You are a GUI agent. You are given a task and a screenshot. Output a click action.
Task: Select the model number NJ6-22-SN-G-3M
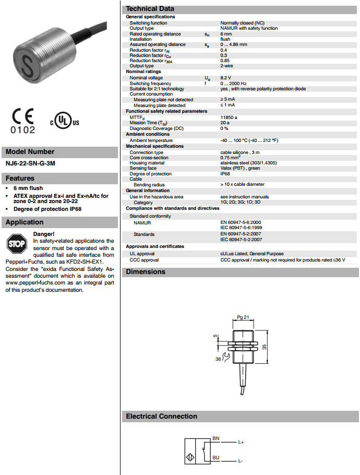click(30, 163)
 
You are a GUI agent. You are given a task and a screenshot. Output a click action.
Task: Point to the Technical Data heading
click(150, 9)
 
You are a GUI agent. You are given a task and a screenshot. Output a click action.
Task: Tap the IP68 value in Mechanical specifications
click(226, 173)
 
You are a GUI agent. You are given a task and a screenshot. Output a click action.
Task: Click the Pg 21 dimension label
click(242, 317)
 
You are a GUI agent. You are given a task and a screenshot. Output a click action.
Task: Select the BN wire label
click(216, 438)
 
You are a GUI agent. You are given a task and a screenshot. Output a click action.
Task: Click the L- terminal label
click(241, 461)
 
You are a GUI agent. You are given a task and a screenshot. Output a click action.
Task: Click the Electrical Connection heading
click(161, 416)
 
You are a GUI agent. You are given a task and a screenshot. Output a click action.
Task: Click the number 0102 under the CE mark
click(23, 130)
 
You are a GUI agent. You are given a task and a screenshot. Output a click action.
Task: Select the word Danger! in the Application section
click(43, 234)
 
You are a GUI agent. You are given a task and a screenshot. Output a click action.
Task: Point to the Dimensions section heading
click(146, 271)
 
